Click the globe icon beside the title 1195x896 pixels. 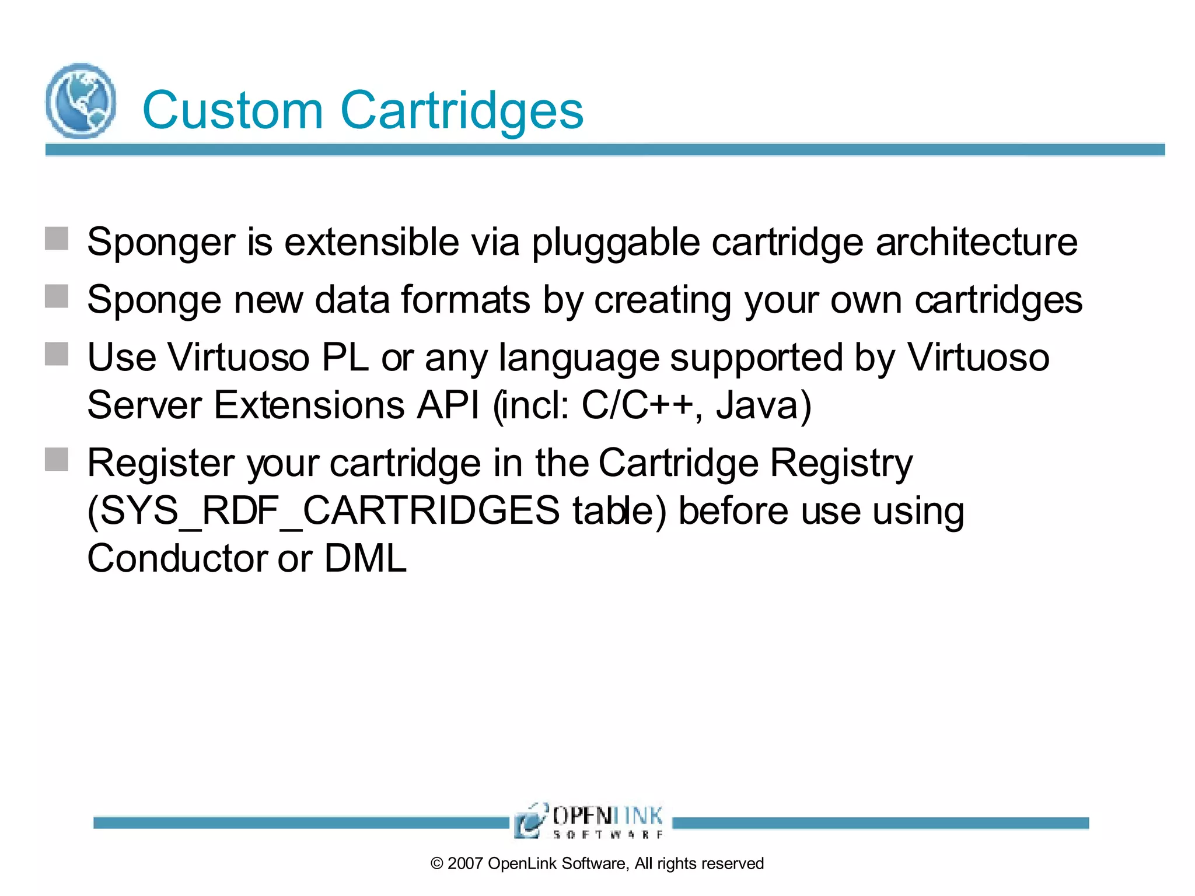[x=81, y=101]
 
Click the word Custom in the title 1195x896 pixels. [x=232, y=111]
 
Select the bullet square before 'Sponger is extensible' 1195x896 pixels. [x=57, y=239]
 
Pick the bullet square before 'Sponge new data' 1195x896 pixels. [x=57, y=296]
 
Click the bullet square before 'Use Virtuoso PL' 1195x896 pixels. [x=57, y=354]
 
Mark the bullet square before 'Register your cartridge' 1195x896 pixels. [x=57, y=459]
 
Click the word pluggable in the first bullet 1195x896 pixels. [x=615, y=243]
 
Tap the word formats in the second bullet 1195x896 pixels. [x=465, y=300]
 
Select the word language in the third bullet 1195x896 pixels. [x=578, y=358]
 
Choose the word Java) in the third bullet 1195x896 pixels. [x=763, y=405]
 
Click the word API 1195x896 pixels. [x=448, y=405]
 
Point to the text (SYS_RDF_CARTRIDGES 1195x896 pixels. [x=323, y=510]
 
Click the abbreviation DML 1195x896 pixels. [x=365, y=558]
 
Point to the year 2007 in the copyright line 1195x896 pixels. [x=465, y=863]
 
